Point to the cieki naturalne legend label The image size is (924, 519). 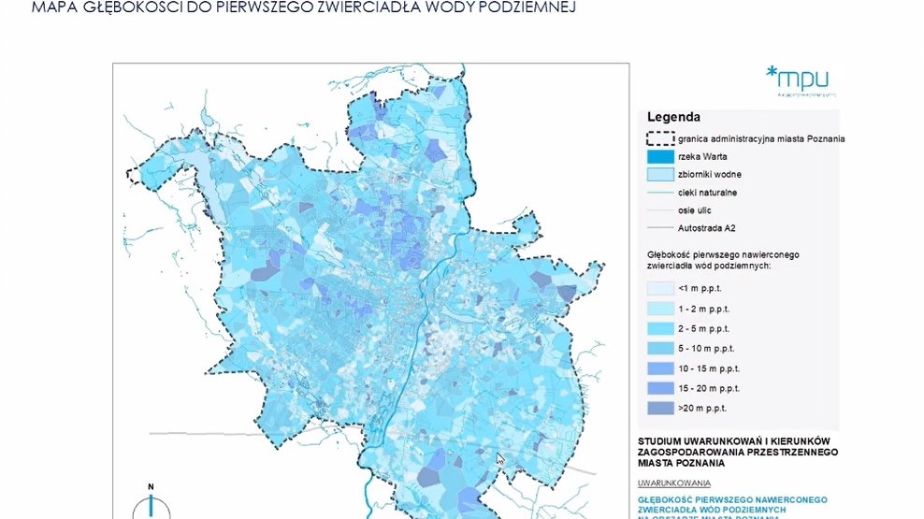pos(707,192)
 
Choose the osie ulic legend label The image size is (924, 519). pos(697,209)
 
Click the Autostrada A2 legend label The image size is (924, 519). pos(707,227)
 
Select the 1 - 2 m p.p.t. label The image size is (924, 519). pos(713,309)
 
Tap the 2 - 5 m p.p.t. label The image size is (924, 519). pos(713,328)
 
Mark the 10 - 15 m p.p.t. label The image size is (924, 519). pos(715,368)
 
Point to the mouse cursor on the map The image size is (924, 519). pos(501,460)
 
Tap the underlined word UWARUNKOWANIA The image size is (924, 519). pos(674,483)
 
